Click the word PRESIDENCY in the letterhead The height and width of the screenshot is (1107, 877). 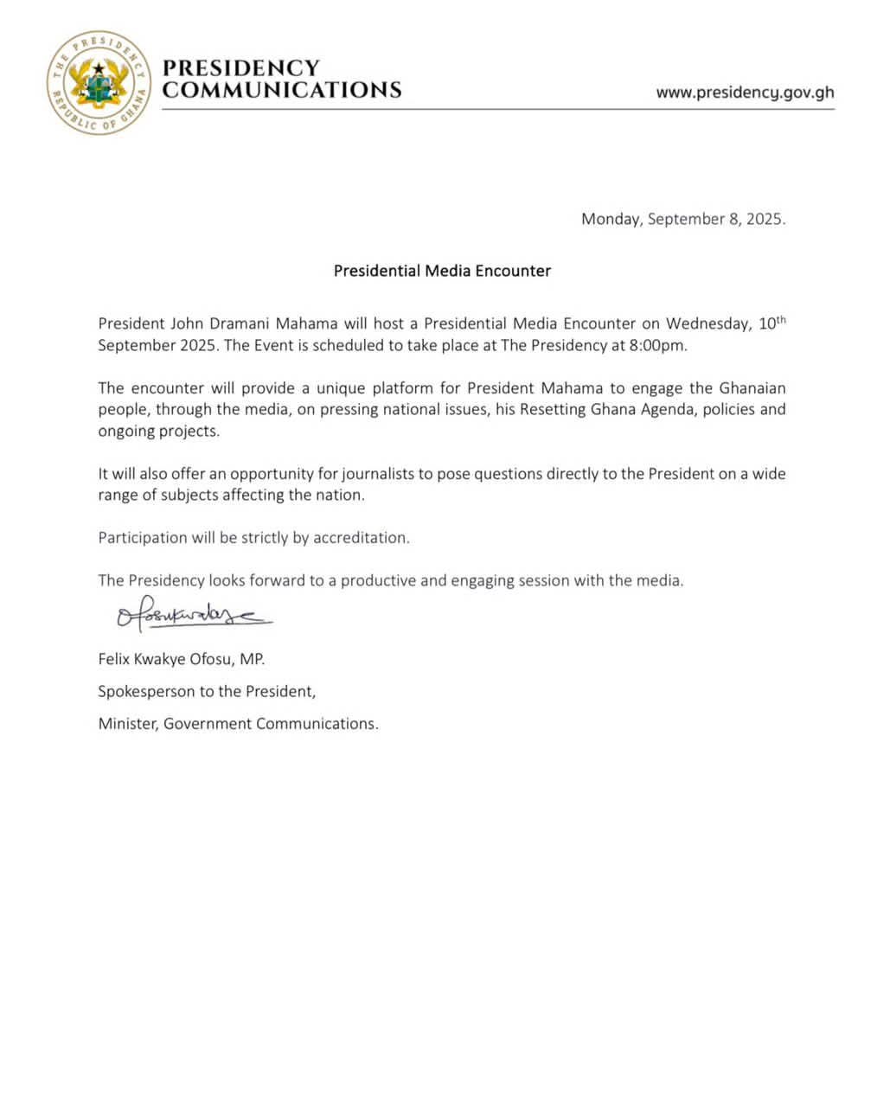click(x=241, y=67)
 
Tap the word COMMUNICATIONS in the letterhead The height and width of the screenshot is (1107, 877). click(x=282, y=90)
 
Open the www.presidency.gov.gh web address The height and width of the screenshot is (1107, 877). click(x=745, y=93)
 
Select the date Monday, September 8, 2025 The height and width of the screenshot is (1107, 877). click(x=683, y=219)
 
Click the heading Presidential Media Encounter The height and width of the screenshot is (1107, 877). click(x=442, y=271)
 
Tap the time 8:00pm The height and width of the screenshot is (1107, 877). click(x=658, y=346)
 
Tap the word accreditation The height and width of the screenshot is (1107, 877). click(x=361, y=538)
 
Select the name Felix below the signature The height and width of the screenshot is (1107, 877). click(x=114, y=660)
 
